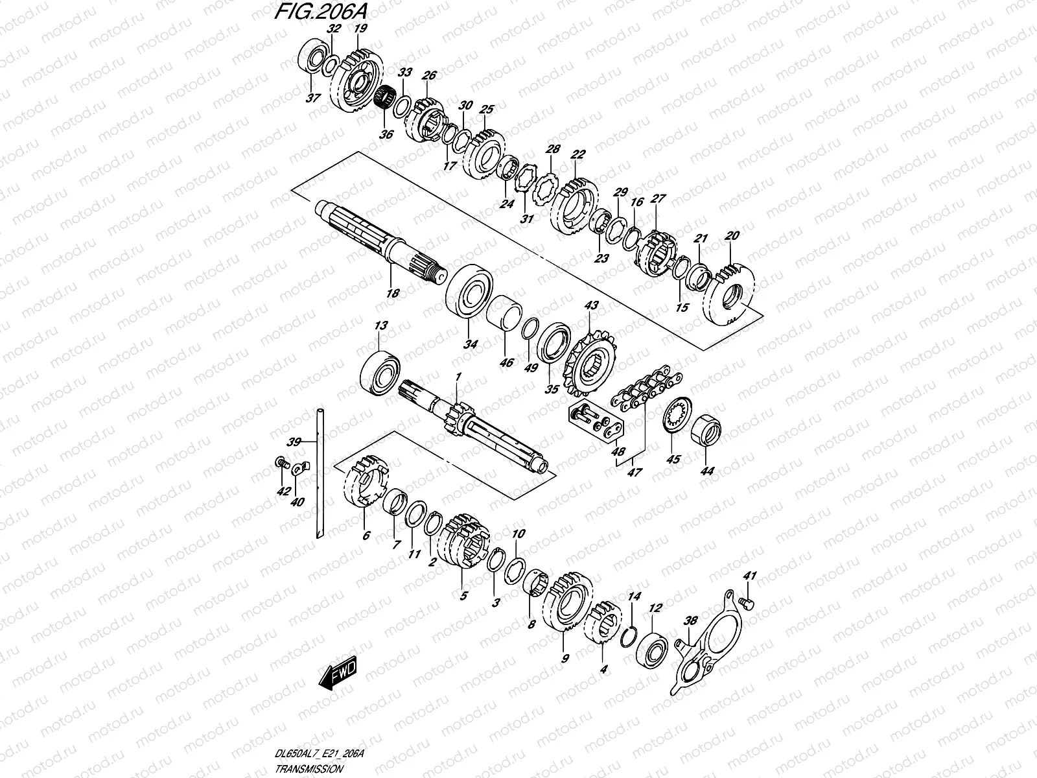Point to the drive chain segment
coord(645,387)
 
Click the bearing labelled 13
coord(380,373)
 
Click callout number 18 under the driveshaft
coord(393,293)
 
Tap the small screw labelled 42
coord(281,462)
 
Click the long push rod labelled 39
coord(320,473)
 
